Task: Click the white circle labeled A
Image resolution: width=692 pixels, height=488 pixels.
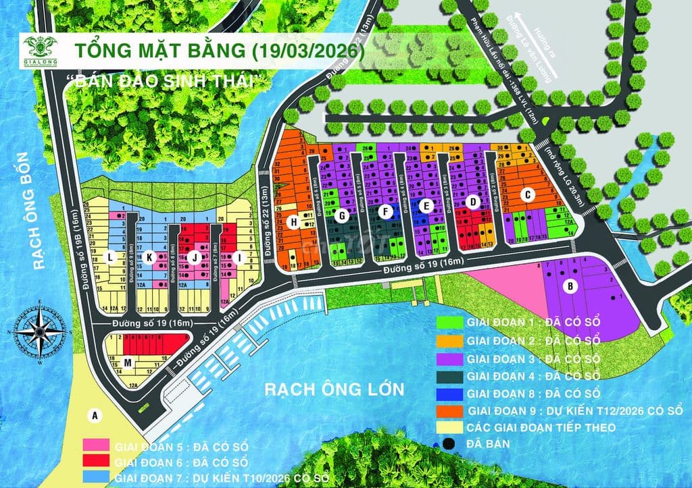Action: click(95, 415)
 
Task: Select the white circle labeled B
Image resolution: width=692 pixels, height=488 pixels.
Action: click(571, 286)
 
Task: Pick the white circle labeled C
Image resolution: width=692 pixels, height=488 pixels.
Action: click(528, 194)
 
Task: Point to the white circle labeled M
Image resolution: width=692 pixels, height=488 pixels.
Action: click(128, 364)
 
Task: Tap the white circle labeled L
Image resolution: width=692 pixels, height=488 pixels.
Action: click(110, 256)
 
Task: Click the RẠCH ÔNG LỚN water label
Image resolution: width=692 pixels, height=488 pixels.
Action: click(333, 389)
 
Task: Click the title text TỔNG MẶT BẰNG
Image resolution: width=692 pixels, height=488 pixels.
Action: click(159, 52)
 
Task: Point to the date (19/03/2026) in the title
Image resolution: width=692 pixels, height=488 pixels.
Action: click(302, 52)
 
